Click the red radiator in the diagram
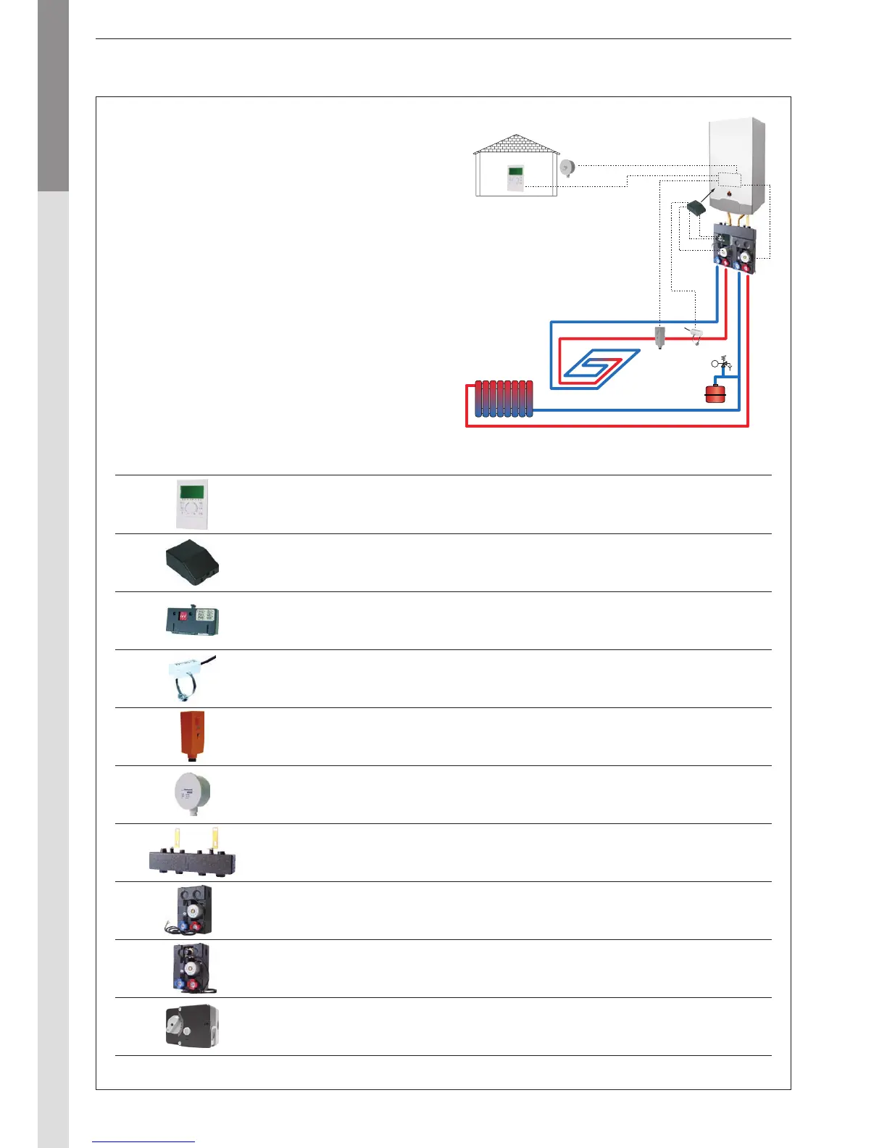click(x=504, y=399)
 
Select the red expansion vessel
click(x=716, y=394)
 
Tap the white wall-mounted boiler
click(x=736, y=167)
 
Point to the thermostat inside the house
click(x=515, y=179)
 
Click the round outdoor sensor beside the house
click(x=567, y=167)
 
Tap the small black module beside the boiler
click(x=697, y=208)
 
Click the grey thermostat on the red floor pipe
click(x=659, y=337)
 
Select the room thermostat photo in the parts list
click(x=192, y=504)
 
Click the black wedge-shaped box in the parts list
click(x=190, y=562)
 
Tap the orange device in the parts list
click(x=192, y=736)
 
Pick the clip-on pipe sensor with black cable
click(x=188, y=678)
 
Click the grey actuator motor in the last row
click(x=191, y=1026)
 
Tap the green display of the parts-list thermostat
click(x=191, y=492)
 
